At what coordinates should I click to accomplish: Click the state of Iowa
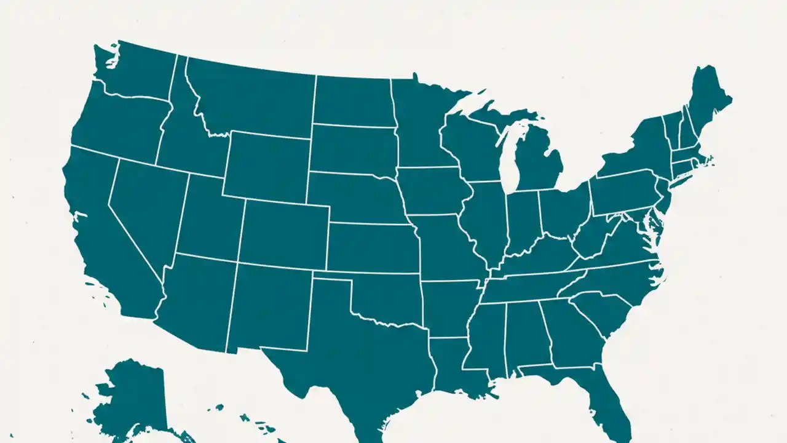point(430,191)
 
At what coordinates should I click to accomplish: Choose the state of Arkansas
point(449,308)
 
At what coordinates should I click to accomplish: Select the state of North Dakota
point(352,102)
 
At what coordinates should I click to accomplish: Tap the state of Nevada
point(148,209)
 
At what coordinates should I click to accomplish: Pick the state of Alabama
point(526,335)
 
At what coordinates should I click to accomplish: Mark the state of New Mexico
point(271,305)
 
